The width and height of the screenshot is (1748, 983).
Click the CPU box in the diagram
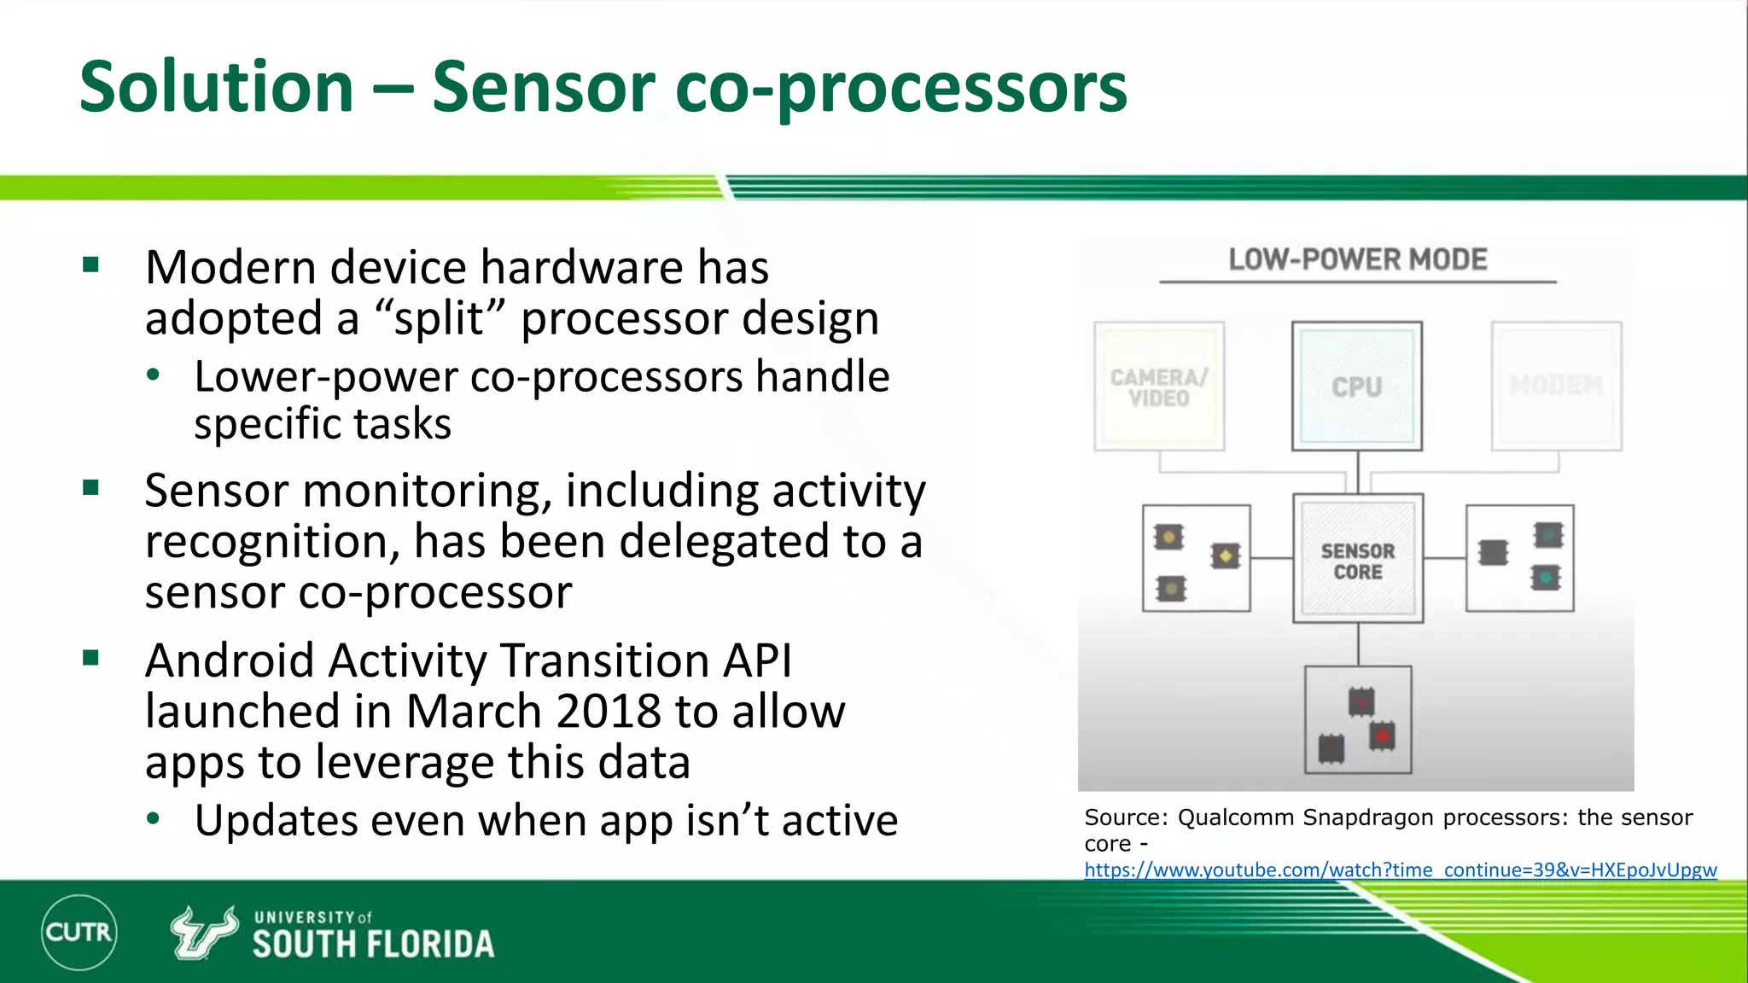click(x=1356, y=387)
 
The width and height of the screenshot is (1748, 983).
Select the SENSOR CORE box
click(x=1357, y=560)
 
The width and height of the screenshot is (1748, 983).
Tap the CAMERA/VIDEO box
click(x=1159, y=387)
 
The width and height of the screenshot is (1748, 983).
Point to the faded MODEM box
click(x=1556, y=386)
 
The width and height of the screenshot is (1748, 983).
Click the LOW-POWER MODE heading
click(x=1357, y=259)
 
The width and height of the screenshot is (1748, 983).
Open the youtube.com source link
click(x=1400, y=870)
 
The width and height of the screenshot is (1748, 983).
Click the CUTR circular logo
click(x=79, y=932)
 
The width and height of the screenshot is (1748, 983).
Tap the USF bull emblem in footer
click(x=203, y=932)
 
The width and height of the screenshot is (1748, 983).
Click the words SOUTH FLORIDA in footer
click(x=373, y=945)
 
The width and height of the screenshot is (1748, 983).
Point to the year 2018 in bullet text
click(x=608, y=712)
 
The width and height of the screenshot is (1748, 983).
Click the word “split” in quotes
click(x=440, y=318)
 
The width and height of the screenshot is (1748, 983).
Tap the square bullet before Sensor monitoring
click(x=91, y=488)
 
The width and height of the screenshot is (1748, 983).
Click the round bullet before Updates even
click(x=153, y=819)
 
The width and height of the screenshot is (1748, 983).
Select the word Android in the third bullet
click(x=230, y=660)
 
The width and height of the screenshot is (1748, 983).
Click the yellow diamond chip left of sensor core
click(x=1226, y=556)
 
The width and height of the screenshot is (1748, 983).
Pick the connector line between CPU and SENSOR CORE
click(x=1357, y=472)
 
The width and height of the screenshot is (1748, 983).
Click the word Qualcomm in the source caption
click(x=1235, y=817)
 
